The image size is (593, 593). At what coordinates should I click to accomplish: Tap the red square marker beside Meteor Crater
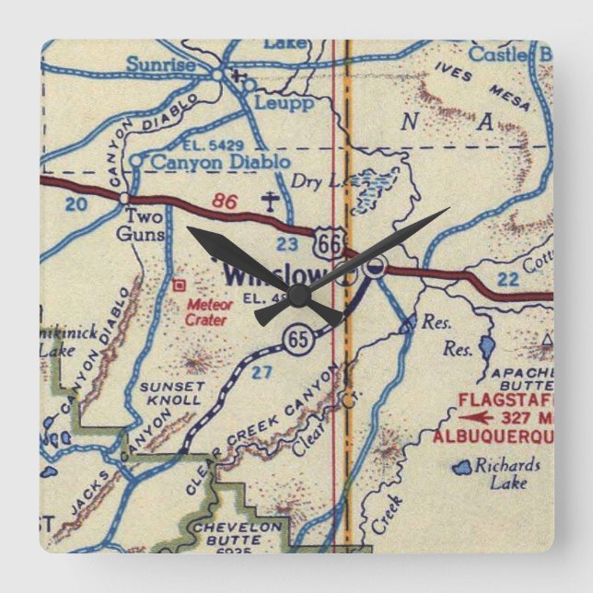pyautogui.click(x=180, y=285)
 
